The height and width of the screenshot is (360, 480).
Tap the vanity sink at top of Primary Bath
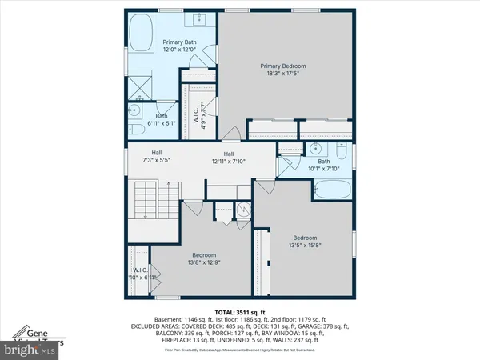tap(198, 20)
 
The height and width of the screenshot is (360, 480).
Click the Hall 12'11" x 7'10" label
tap(228, 158)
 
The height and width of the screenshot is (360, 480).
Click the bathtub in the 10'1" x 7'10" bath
tap(330, 189)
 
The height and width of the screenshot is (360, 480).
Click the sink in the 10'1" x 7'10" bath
tap(318, 149)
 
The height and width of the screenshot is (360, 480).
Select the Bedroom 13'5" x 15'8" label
tap(305, 242)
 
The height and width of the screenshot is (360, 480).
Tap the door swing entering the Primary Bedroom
tap(233, 134)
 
